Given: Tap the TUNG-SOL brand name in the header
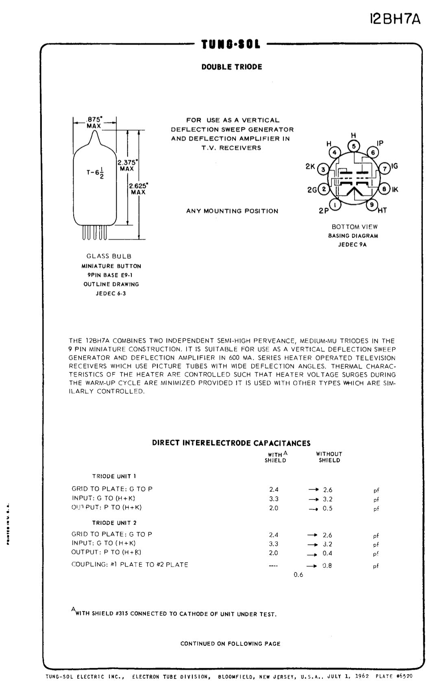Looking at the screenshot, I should coord(231,44).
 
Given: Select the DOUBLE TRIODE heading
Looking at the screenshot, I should coord(232,67).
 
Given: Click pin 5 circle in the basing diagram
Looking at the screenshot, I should coord(353,146).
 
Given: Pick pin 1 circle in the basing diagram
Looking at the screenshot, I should coord(335,205).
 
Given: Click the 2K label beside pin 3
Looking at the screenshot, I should coord(310,167).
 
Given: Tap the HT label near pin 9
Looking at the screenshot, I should coord(382,210).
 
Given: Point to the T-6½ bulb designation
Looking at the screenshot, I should coord(96,173).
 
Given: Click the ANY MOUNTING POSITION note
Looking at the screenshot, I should coord(232,211).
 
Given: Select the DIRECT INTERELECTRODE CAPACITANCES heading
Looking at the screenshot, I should coord(231,443).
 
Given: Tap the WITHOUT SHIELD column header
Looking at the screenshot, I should coord(329,457).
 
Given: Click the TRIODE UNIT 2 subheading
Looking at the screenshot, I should coord(114,522).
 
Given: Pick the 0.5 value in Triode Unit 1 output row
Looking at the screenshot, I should coord(327,508).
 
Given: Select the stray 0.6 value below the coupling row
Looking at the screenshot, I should coord(298,574).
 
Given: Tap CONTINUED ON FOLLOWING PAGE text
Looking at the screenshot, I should coord(230,644).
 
